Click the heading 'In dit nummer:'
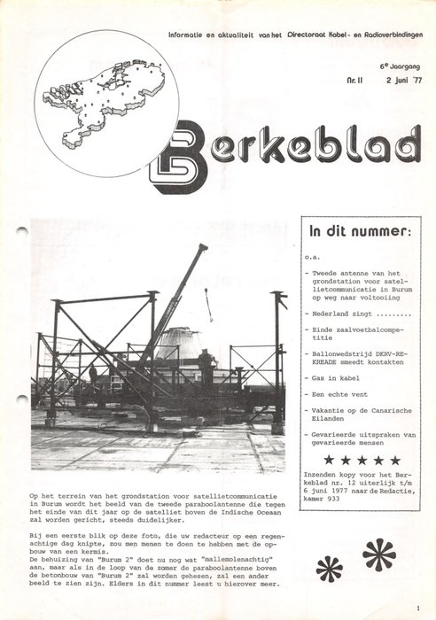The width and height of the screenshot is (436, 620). [x=358, y=233]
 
